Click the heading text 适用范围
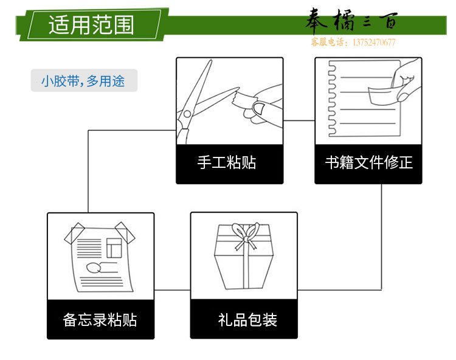[x=91, y=25]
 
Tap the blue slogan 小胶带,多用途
[x=83, y=81]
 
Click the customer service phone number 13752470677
[x=374, y=43]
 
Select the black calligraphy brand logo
[x=351, y=20]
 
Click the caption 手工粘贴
[x=227, y=162]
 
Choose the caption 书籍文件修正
[x=369, y=162]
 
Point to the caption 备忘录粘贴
[x=100, y=320]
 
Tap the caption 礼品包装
[x=247, y=320]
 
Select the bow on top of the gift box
[x=246, y=235]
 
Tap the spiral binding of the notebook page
[x=332, y=99]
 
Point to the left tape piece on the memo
[x=74, y=234]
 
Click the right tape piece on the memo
[x=125, y=233]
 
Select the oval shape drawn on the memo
[x=94, y=268]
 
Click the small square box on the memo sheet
[x=114, y=247]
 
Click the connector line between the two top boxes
[x=299, y=120]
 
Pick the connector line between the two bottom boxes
[x=173, y=290]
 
